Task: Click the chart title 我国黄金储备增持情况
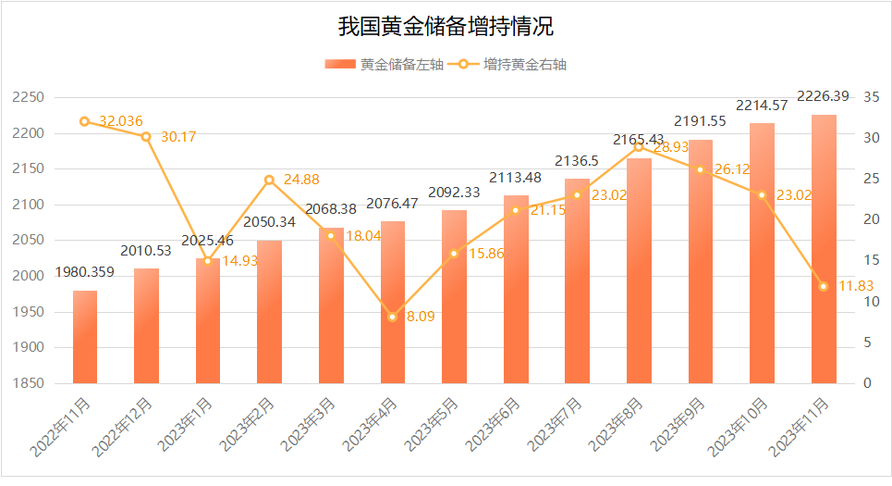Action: (446, 26)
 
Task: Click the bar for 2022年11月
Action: (85, 337)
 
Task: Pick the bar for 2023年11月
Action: (824, 250)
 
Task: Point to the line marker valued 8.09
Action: (393, 317)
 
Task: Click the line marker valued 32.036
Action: (85, 121)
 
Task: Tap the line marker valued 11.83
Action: (824, 286)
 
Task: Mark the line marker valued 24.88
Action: (269, 180)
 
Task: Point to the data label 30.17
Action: (178, 137)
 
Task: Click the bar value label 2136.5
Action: (577, 161)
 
